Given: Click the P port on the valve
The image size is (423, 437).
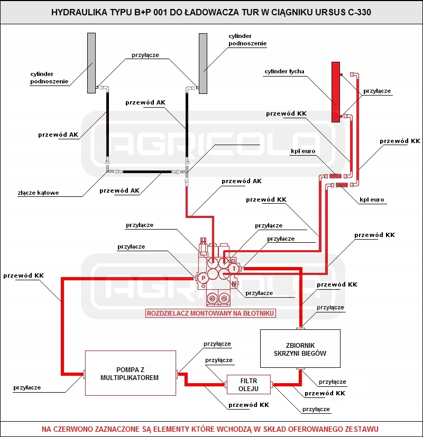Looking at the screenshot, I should (x=203, y=278).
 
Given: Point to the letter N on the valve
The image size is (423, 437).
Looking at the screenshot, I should (x=234, y=283).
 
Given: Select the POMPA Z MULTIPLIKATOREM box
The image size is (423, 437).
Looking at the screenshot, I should (x=130, y=373).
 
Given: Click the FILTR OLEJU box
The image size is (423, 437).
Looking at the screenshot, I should (x=249, y=385).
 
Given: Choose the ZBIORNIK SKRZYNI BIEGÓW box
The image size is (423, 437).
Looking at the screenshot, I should (x=300, y=348).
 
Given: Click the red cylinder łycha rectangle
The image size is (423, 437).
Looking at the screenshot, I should (x=335, y=91).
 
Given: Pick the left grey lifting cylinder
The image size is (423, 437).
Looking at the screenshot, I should (x=91, y=63).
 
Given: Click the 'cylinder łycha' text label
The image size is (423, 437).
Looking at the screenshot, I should (x=284, y=71).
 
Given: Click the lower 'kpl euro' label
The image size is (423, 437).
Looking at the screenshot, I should (x=372, y=200).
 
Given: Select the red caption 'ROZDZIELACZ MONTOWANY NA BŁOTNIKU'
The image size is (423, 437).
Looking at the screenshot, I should (x=211, y=313).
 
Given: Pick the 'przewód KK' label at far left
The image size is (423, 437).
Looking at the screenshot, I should (x=23, y=275).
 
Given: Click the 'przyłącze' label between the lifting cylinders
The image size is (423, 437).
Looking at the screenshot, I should (x=145, y=55).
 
